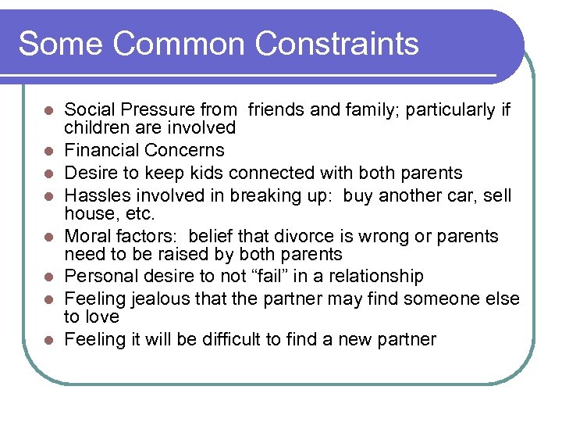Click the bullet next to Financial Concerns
point(48,151)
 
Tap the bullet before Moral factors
point(48,237)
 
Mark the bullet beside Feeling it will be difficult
point(48,340)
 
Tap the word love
point(103,316)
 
